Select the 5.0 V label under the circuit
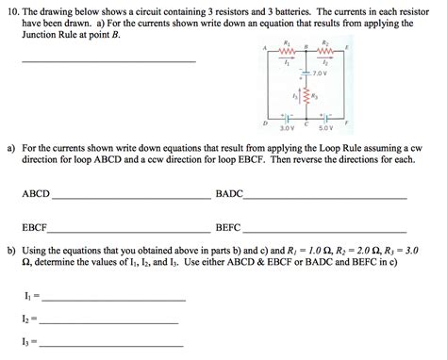click(x=325, y=127)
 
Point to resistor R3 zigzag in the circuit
click(x=304, y=97)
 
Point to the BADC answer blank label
click(x=229, y=193)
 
